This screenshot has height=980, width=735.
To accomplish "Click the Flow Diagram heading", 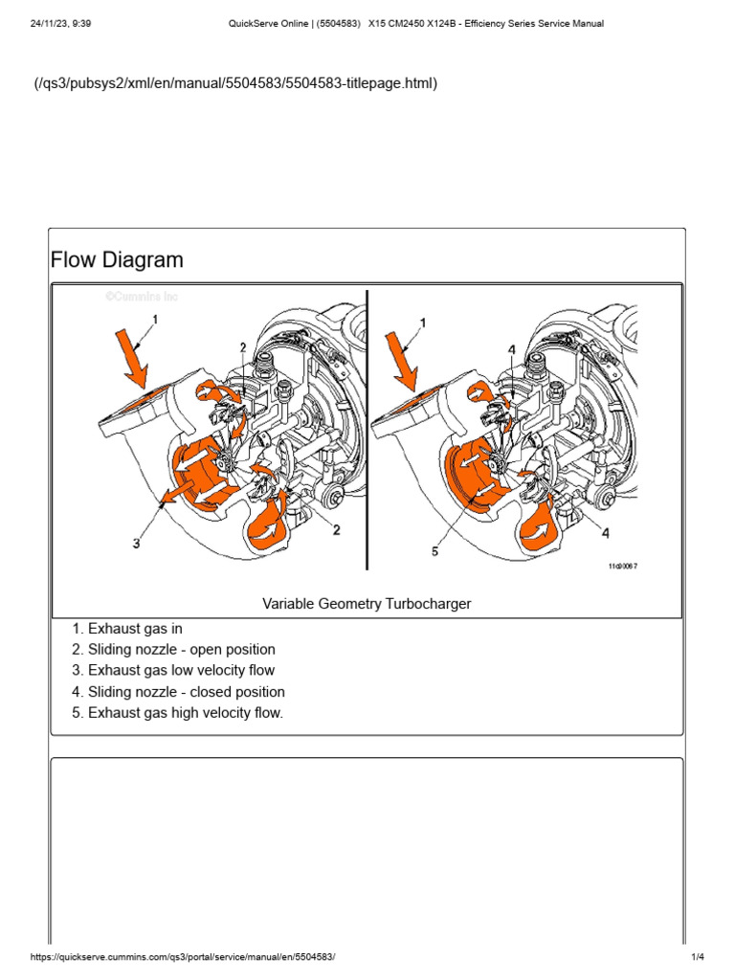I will point(117,259).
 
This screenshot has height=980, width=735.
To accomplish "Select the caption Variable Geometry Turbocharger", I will point(367,603).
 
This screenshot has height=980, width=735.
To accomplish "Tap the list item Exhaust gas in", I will point(135,629).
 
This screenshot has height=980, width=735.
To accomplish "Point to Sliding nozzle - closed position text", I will point(186,691).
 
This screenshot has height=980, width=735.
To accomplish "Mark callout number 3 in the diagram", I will point(137,543).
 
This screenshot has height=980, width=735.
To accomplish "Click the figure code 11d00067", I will point(622,567).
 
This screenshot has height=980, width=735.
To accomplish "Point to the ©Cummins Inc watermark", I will point(141,297).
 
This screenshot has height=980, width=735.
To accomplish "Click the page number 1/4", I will point(698,958).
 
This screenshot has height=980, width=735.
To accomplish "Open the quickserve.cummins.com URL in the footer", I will point(184,958).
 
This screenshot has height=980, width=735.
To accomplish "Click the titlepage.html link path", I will point(236,84).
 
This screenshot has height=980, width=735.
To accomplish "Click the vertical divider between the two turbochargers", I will point(367,431).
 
